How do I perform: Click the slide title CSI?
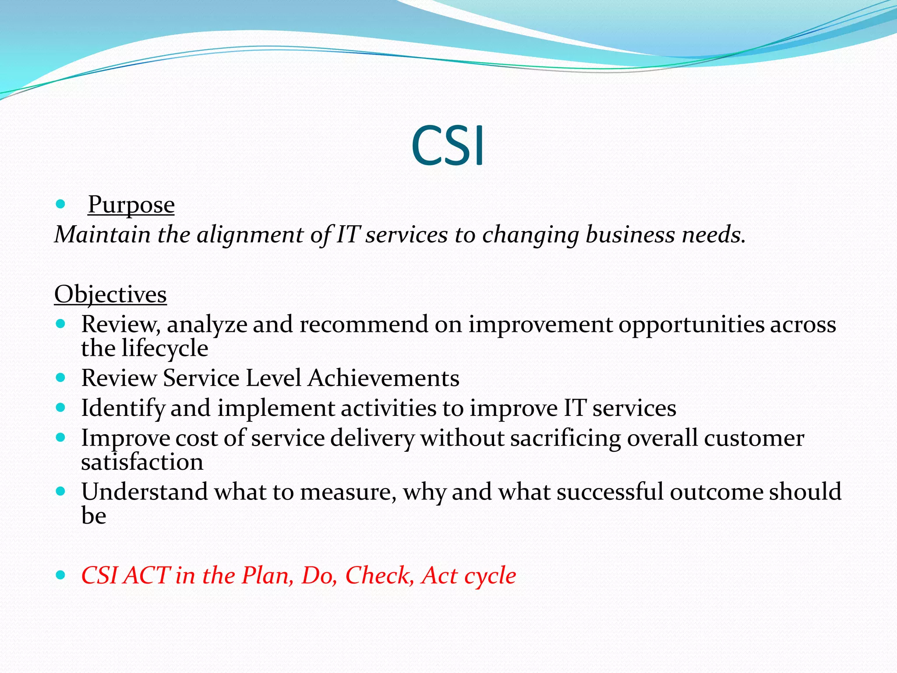448,145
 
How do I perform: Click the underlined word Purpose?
131,205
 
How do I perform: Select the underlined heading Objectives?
110,294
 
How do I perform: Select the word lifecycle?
165,349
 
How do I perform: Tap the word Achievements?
383,378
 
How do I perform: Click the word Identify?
123,408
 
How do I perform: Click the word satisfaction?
142,462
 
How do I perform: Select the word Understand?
145,492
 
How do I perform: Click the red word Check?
379,575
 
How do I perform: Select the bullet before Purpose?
61,204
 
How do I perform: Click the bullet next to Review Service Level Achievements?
61,377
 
